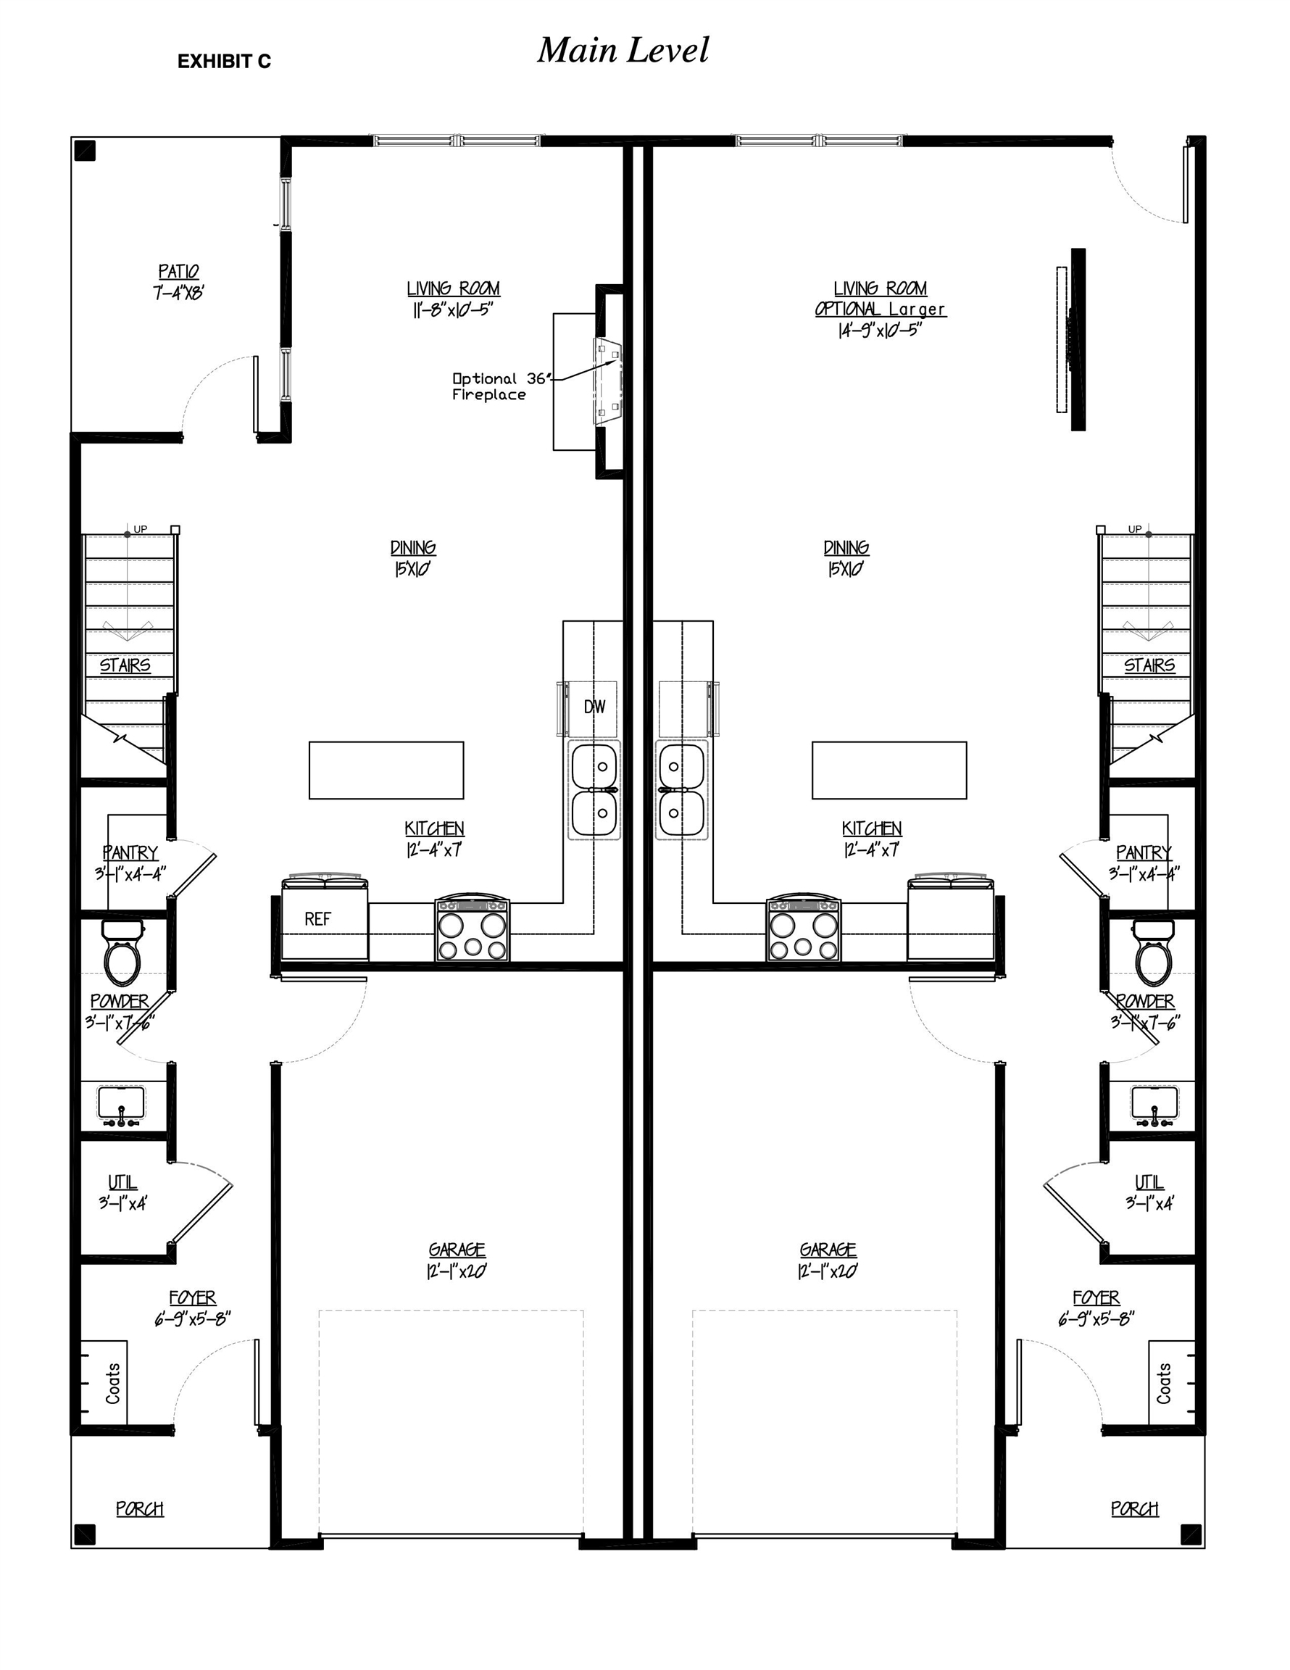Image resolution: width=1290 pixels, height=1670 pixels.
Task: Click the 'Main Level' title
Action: pos(623,51)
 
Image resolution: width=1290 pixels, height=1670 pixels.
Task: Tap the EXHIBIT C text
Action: pos(224,62)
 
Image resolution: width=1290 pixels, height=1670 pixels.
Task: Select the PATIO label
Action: pos(178,273)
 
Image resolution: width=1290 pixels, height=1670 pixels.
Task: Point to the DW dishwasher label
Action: pos(594,707)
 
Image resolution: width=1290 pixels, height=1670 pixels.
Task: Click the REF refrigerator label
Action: pos(317,919)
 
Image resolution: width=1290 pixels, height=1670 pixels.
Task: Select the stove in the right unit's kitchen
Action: pos(803,931)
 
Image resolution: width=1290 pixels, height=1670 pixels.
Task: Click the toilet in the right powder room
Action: pos(1153,955)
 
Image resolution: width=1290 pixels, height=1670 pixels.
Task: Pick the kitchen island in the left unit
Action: pos(386,770)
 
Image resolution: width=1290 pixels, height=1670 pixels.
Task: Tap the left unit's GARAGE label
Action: pos(457,1250)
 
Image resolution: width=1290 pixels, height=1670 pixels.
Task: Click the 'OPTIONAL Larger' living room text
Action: pos(880,309)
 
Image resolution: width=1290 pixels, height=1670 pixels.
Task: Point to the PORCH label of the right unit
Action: pos(1134,1508)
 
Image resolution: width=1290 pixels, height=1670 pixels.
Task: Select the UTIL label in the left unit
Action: pos(122,1182)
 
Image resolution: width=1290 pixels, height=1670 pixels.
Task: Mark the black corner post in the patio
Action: pos(85,151)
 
